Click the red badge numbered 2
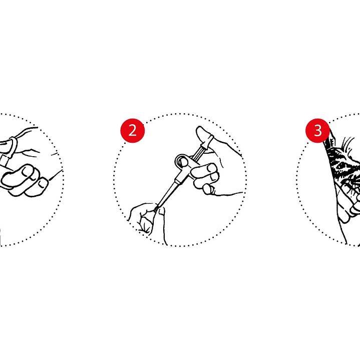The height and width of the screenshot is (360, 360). [x=133, y=131]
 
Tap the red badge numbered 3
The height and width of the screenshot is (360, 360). [x=317, y=131]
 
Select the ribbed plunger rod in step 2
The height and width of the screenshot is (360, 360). [x=197, y=153]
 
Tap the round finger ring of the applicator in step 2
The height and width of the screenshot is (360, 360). [x=183, y=161]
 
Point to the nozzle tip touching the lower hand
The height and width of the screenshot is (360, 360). [x=156, y=209]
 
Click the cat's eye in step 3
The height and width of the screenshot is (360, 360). [x=341, y=165]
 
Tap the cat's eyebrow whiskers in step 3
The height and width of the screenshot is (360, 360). [x=347, y=144]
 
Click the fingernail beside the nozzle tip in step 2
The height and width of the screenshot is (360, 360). [x=162, y=211]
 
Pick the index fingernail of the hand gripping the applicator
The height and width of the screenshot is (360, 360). [x=212, y=168]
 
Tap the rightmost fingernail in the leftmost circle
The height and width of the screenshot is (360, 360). [x=42, y=184]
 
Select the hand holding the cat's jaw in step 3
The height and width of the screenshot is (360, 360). [x=349, y=202]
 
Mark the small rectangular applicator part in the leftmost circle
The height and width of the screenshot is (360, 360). [x=4, y=161]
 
